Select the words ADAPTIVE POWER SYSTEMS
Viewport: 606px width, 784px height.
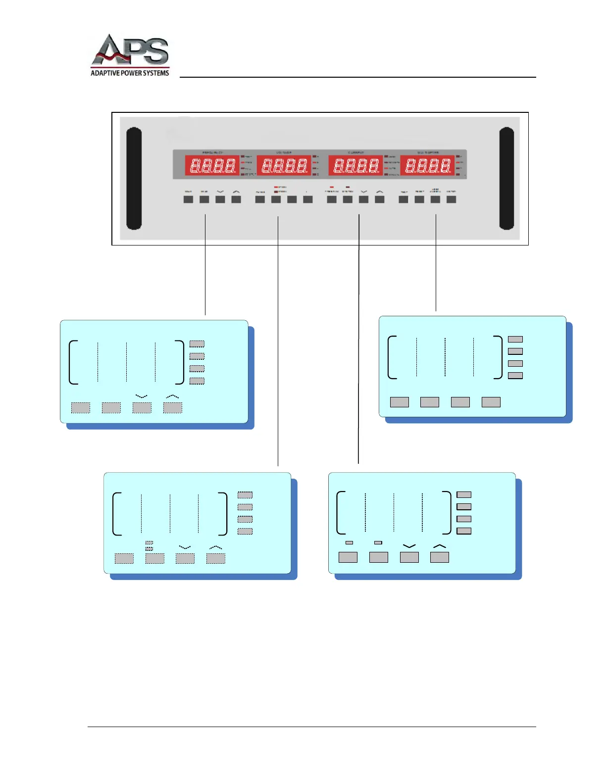click(130, 73)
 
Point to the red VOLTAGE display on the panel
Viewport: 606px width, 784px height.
click(284, 165)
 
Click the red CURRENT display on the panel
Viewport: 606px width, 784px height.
click(356, 165)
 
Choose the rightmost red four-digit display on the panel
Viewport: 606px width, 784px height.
click(427, 165)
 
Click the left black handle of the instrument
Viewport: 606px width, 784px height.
click(134, 179)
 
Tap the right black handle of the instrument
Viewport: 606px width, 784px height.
click(506, 179)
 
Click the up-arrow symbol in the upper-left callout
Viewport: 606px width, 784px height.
click(172, 396)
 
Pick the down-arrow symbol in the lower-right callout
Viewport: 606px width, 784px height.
click(409, 546)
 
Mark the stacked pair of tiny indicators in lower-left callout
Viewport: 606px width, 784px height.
click(150, 546)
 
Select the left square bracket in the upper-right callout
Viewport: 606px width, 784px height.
click(392, 357)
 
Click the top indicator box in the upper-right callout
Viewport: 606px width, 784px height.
click(515, 339)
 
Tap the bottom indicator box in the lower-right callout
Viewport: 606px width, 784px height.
click(464, 531)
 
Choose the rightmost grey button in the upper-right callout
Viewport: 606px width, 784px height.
click(491, 402)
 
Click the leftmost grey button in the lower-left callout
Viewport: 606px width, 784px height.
click(124, 558)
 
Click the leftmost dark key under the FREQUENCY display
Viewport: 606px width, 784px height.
click(188, 199)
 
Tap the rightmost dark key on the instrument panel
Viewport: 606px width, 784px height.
click(451, 199)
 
